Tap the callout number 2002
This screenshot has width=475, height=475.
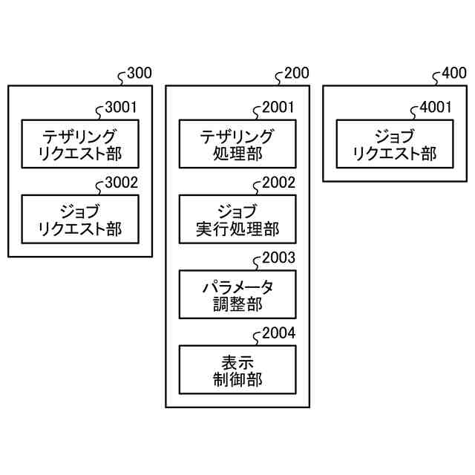[278, 182]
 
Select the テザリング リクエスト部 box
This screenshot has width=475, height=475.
[80, 145]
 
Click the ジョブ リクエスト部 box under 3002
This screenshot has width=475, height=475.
[80, 219]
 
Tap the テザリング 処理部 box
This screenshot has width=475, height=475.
[237, 145]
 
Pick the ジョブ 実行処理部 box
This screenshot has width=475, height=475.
[237, 219]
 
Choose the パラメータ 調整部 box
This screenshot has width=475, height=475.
[237, 295]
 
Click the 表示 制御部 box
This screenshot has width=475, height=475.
[237, 370]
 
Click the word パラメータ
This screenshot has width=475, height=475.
[237, 286]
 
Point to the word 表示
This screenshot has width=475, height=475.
[237, 361]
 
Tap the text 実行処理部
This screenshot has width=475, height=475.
[237, 229]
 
